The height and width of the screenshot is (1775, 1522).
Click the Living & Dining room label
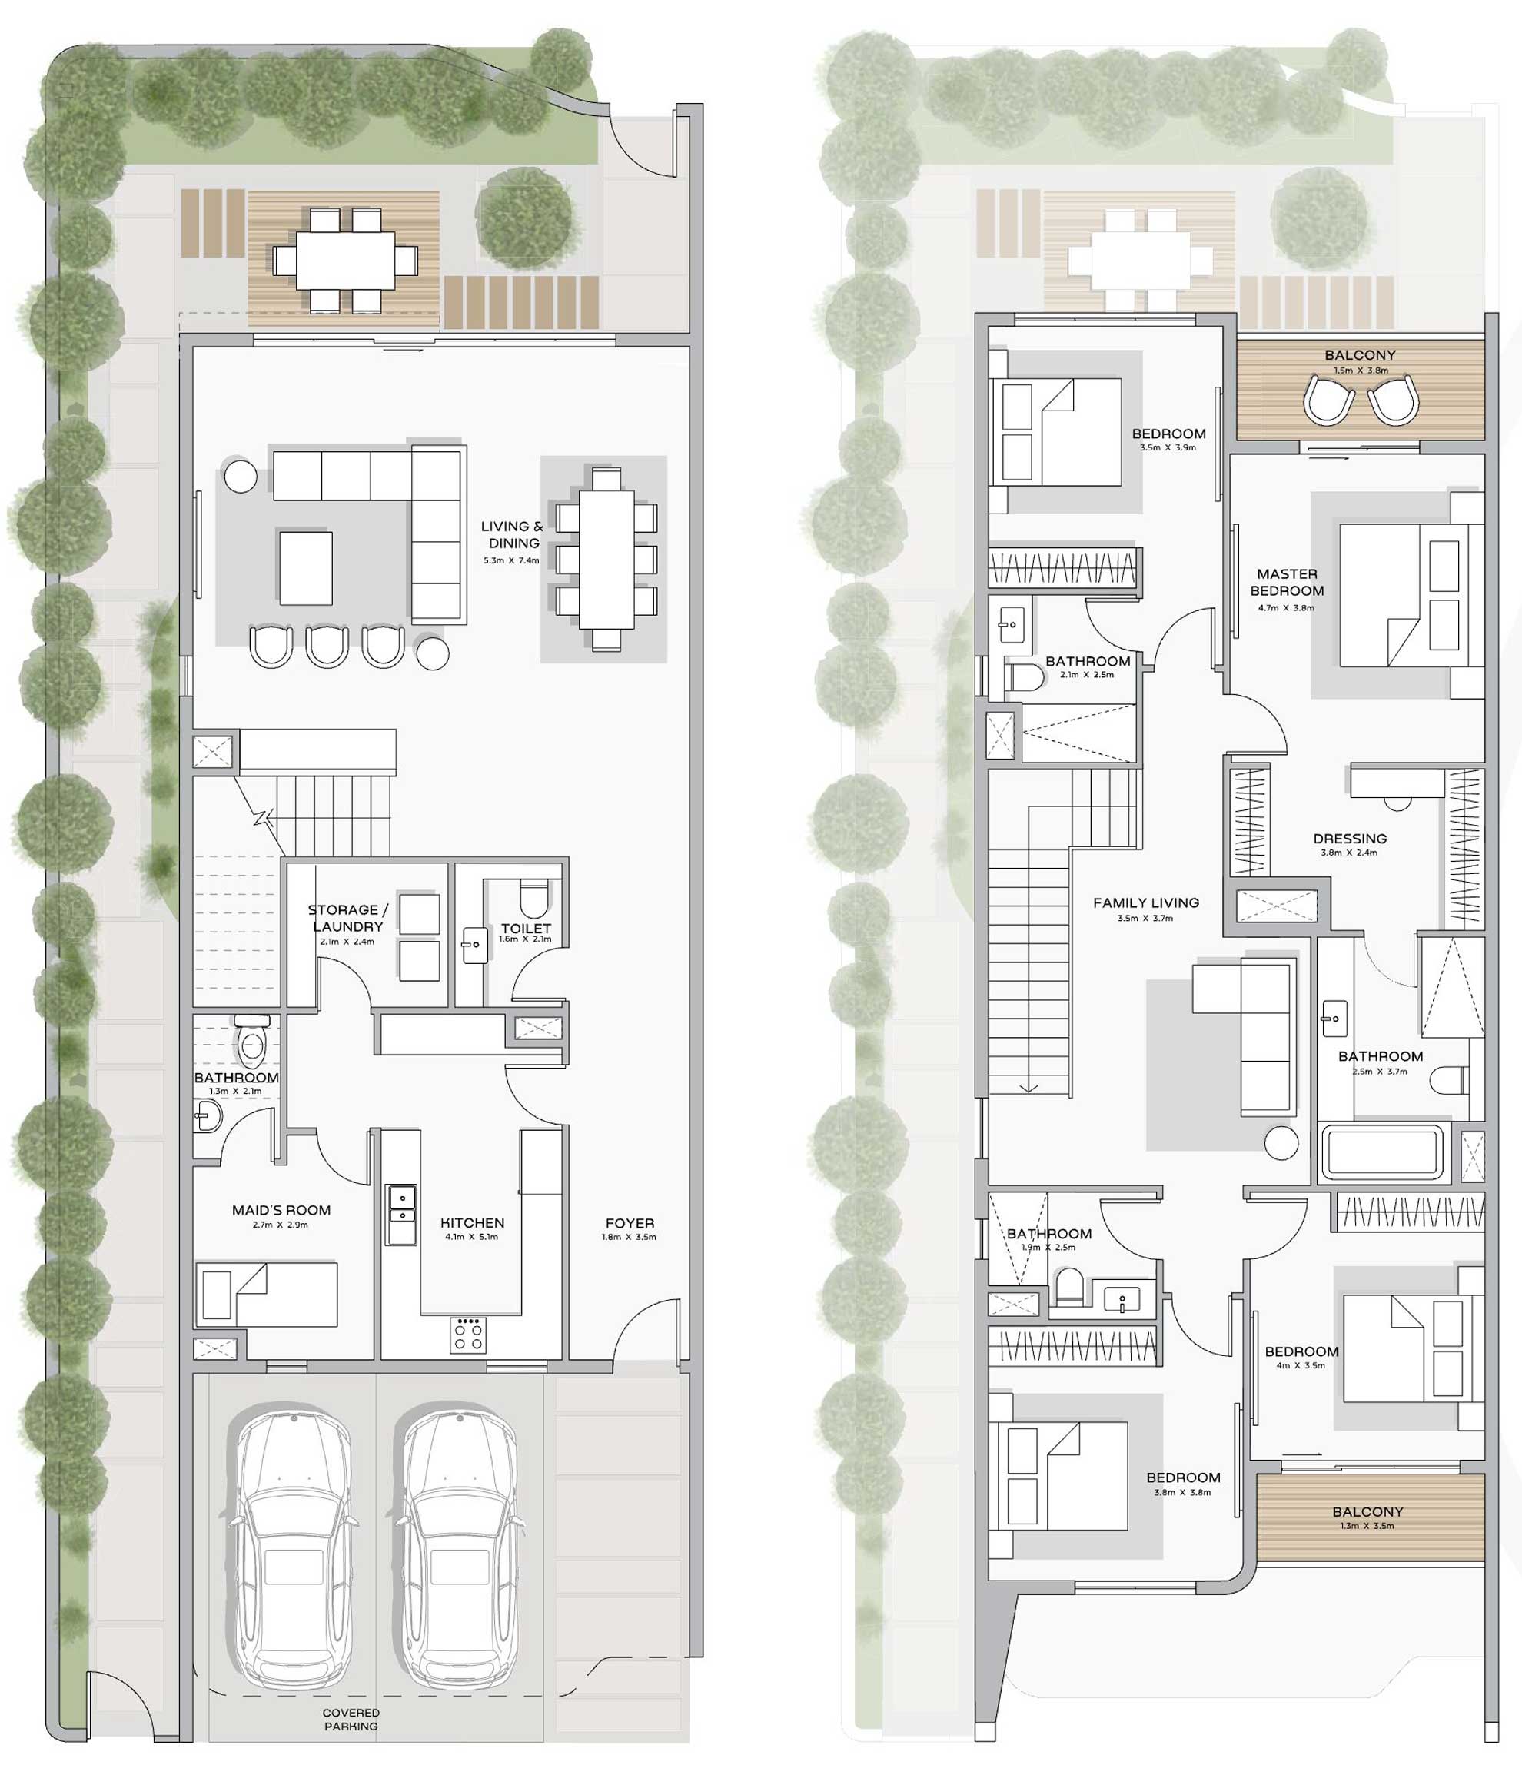pyautogui.click(x=511, y=534)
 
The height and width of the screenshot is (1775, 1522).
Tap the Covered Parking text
pyautogui.click(x=351, y=1720)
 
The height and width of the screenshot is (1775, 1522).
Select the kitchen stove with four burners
pyautogui.click(x=467, y=1335)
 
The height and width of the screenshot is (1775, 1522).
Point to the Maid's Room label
pyautogui.click(x=281, y=1211)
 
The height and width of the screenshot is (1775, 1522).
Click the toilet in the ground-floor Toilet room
pyautogui.click(x=533, y=900)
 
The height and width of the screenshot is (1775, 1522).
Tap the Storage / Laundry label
pyautogui.click(x=347, y=918)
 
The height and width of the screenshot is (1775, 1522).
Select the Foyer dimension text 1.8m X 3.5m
pyautogui.click(x=629, y=1237)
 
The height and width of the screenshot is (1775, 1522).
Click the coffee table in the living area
pyautogui.click(x=306, y=568)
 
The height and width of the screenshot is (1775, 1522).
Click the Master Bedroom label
pyautogui.click(x=1287, y=582)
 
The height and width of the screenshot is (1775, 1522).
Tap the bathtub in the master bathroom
pyautogui.click(x=1382, y=1153)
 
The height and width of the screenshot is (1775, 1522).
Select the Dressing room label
pyautogui.click(x=1349, y=839)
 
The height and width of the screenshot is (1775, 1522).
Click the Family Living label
pyautogui.click(x=1146, y=902)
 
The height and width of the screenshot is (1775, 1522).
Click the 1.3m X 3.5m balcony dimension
pyautogui.click(x=1367, y=1526)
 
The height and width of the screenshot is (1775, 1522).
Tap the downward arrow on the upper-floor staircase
pyautogui.click(x=1029, y=1087)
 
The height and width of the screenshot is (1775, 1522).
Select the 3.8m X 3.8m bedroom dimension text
pyautogui.click(x=1182, y=1492)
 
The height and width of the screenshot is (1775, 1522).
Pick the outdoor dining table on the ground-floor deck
pyautogui.click(x=345, y=261)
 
